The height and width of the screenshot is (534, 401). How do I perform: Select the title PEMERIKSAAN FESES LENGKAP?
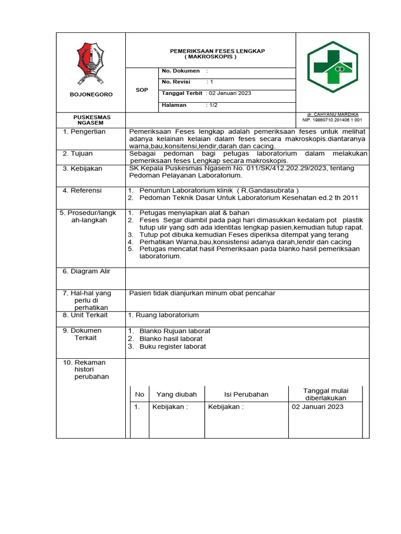[x=210, y=51]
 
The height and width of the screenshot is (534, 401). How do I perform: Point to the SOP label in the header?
[x=141, y=90]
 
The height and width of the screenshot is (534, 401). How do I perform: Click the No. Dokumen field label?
[x=181, y=70]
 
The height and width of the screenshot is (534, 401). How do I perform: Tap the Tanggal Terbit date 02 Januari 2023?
[x=230, y=93]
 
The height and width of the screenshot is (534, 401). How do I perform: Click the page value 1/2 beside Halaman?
[x=213, y=105]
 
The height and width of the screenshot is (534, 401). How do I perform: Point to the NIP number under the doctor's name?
[x=332, y=120]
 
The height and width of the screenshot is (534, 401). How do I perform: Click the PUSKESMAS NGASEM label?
[x=91, y=120]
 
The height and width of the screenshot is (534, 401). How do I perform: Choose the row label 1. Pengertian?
[x=84, y=131]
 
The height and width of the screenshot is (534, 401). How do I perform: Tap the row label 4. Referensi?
[x=82, y=190]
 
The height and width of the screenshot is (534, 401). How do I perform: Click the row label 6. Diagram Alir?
[x=87, y=271]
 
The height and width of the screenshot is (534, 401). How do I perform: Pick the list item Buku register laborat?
[x=173, y=346]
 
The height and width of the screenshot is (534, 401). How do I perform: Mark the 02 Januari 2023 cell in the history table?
[x=317, y=407]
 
